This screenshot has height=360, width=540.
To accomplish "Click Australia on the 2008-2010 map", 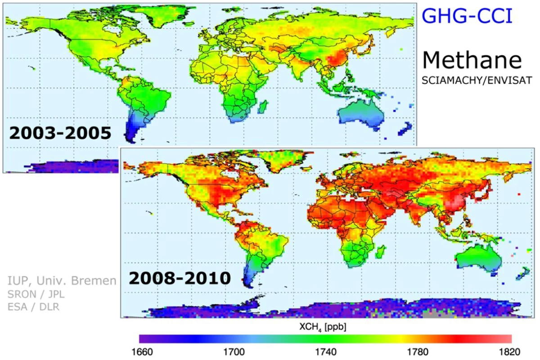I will coord(478,260).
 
